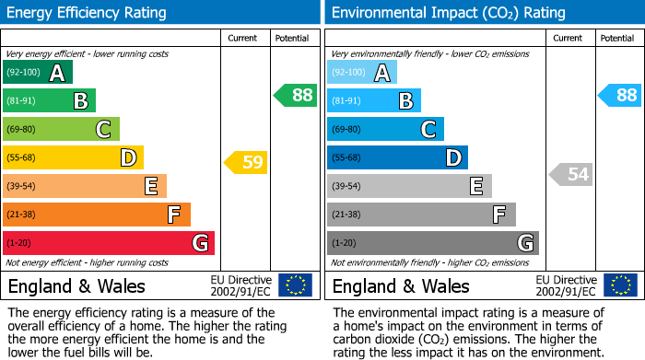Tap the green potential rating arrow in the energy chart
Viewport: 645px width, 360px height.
295,95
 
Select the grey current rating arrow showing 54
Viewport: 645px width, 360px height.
570,174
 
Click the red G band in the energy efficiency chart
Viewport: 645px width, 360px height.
109,243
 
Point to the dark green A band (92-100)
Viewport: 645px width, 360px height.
38,72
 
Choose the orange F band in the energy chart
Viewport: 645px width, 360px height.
97,215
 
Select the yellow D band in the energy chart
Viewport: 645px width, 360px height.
73,157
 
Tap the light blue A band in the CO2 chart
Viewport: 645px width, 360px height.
362,72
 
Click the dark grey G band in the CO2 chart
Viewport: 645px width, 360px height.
432,243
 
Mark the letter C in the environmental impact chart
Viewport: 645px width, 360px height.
428,129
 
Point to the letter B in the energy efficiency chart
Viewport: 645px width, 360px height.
80,100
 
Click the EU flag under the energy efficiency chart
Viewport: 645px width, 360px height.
295,285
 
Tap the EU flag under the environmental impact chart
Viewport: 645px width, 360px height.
619,285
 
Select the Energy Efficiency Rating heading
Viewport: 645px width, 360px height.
87,13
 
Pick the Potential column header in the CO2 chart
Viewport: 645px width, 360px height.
617,38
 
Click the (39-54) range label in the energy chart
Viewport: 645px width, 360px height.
20,186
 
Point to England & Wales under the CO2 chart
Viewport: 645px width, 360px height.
401,285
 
